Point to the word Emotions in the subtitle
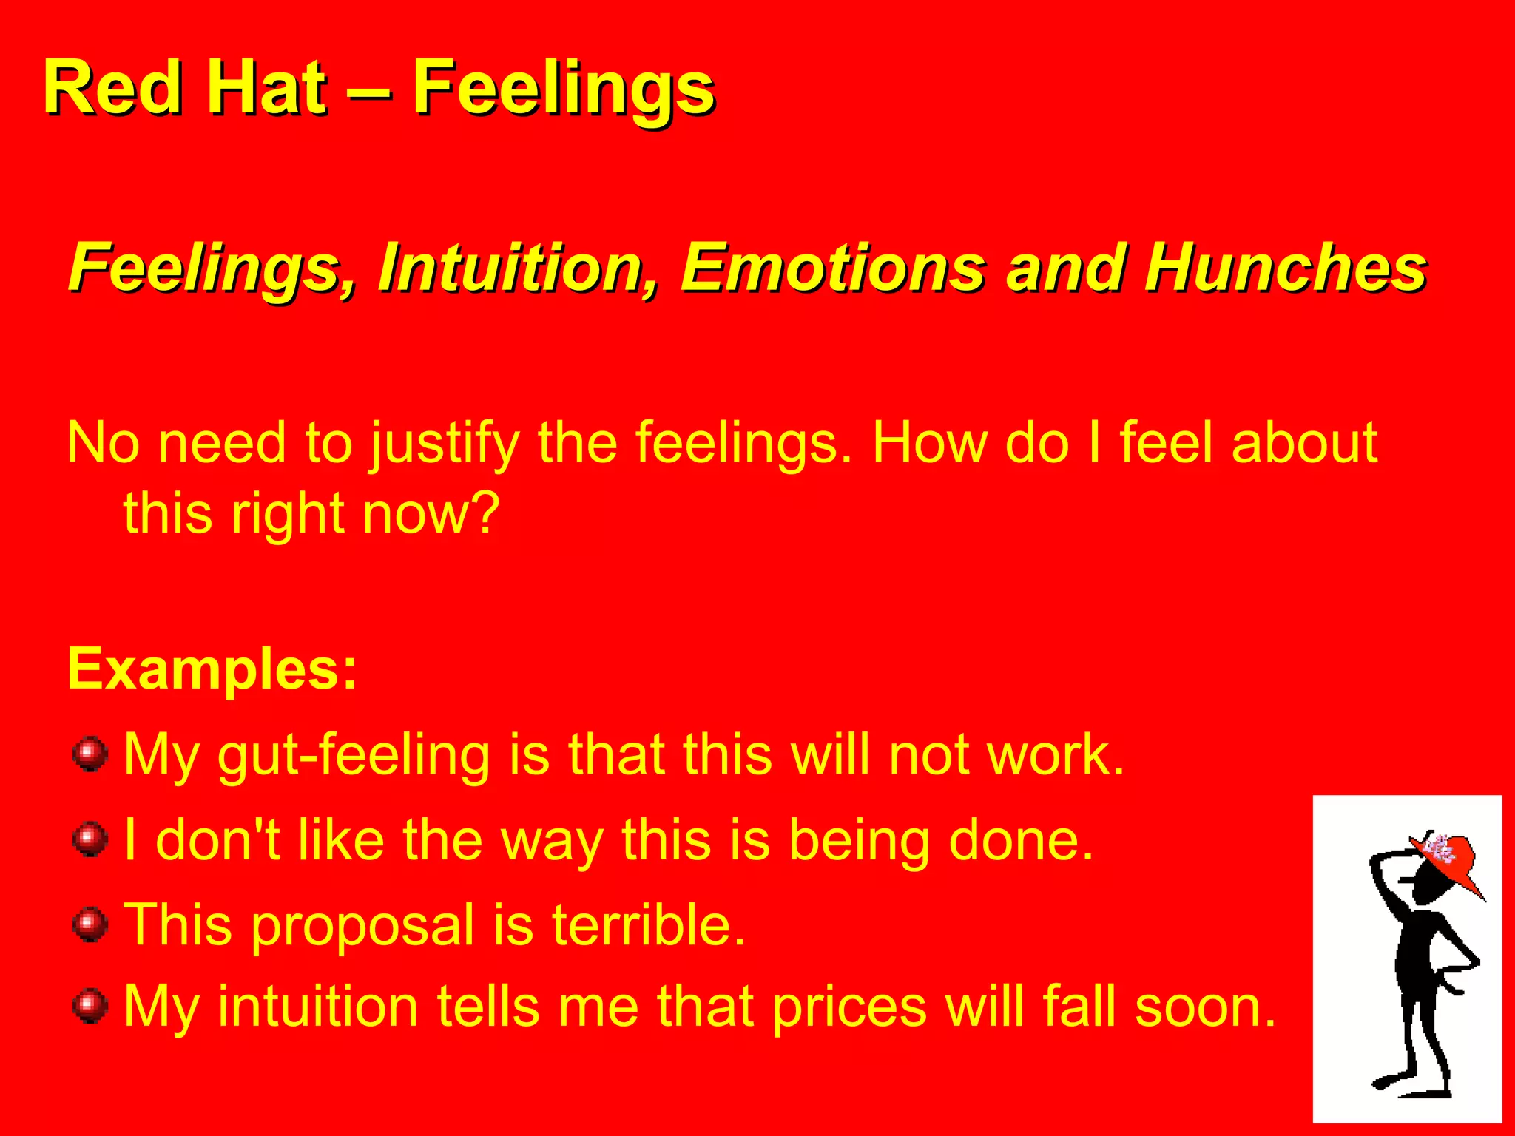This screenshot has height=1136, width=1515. pos(833,268)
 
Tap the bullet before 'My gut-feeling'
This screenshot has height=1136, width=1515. pos(90,754)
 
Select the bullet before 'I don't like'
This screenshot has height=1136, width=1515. pos(90,840)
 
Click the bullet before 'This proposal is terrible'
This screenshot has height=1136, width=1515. pos(90,925)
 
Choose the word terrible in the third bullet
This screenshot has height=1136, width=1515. pos(648,924)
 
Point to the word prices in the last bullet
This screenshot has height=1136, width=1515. pos(849,1007)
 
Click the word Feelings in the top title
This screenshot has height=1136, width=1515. pos(563,89)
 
